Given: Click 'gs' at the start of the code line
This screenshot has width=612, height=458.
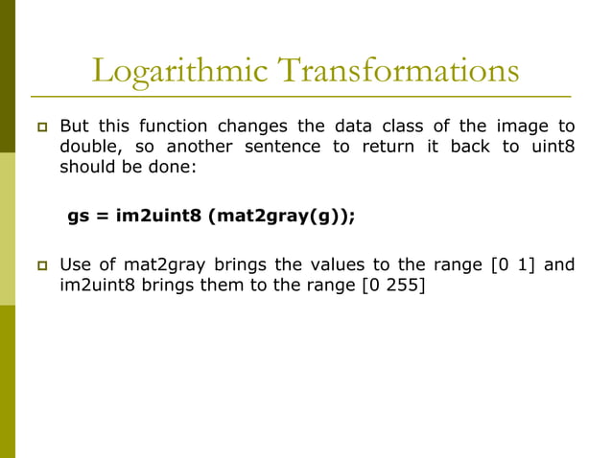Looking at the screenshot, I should (78, 216).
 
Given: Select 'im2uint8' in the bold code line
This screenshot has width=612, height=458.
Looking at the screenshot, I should (158, 216).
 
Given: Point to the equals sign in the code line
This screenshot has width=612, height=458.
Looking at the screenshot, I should (101, 216).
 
